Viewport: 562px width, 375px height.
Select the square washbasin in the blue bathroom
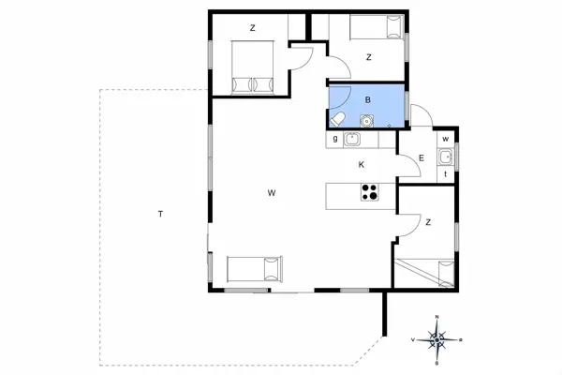coord(366,119)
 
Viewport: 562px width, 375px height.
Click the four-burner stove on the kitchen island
coord(369,194)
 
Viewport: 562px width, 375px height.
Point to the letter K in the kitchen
coord(361,165)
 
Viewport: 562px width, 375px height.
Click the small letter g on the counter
coord(334,140)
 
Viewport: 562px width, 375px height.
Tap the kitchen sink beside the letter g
coord(353,140)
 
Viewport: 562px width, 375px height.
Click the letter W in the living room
coord(271,193)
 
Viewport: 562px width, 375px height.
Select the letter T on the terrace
coord(160,215)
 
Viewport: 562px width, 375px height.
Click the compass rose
coord(436,337)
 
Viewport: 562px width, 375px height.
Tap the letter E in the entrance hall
coord(421,158)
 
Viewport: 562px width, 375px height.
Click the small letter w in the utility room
coord(446,140)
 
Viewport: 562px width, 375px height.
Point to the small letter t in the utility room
coord(446,173)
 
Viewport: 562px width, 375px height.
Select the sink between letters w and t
coord(446,157)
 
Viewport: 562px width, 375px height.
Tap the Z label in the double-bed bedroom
coord(253,28)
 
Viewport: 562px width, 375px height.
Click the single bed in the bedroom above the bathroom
coord(375,27)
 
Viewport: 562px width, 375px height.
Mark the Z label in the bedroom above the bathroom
coord(369,57)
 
